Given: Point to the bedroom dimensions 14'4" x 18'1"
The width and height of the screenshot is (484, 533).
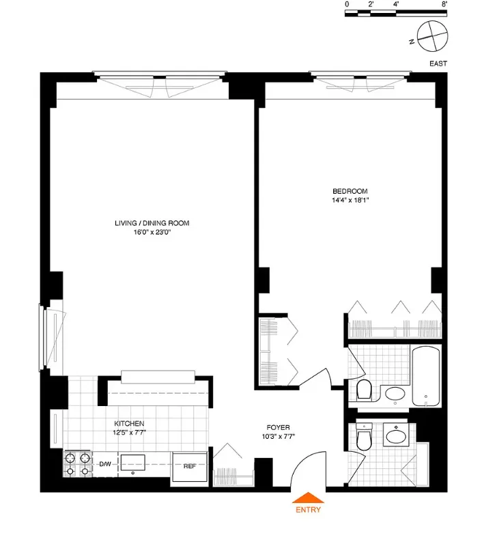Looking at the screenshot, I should (350, 201).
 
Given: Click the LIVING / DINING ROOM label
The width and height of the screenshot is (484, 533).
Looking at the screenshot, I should (152, 223).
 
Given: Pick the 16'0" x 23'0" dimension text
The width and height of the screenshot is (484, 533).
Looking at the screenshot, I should (152, 233).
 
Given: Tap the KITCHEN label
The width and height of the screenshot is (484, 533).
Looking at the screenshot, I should (129, 424).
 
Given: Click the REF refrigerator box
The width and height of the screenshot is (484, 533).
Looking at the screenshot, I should (190, 467).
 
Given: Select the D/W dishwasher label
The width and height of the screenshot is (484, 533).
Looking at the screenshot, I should (105, 465).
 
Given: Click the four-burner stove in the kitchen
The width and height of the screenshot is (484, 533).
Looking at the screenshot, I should (78, 464).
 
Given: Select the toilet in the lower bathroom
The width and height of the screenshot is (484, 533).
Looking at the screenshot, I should (364, 438).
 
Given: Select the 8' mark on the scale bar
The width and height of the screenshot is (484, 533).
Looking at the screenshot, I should (444, 4).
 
